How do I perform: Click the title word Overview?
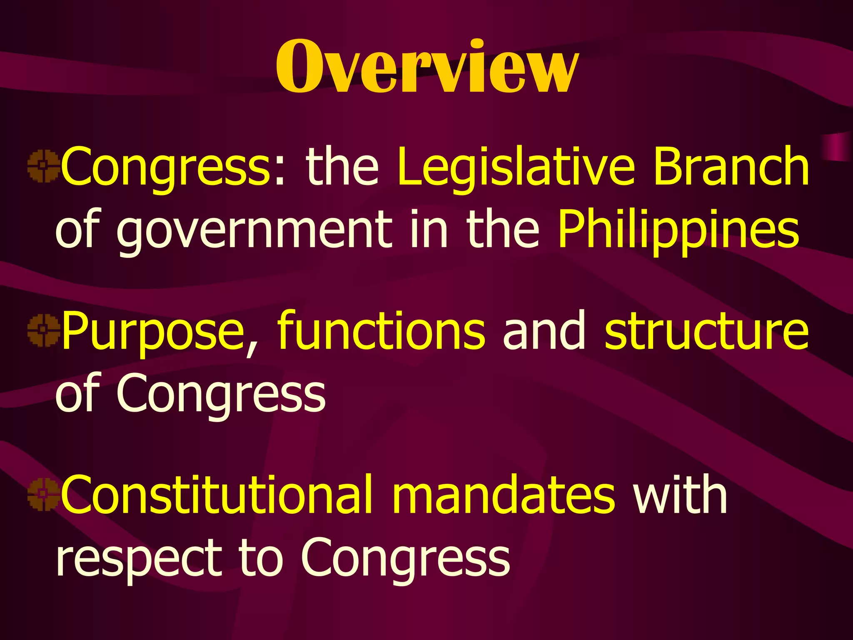tap(427, 67)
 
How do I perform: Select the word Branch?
tap(731, 167)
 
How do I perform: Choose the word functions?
tap(382, 331)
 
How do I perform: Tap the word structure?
tap(706, 331)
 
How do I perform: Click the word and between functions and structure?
tap(545, 331)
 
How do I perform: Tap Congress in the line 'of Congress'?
tap(221, 394)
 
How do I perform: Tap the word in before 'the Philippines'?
tap(429, 229)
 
